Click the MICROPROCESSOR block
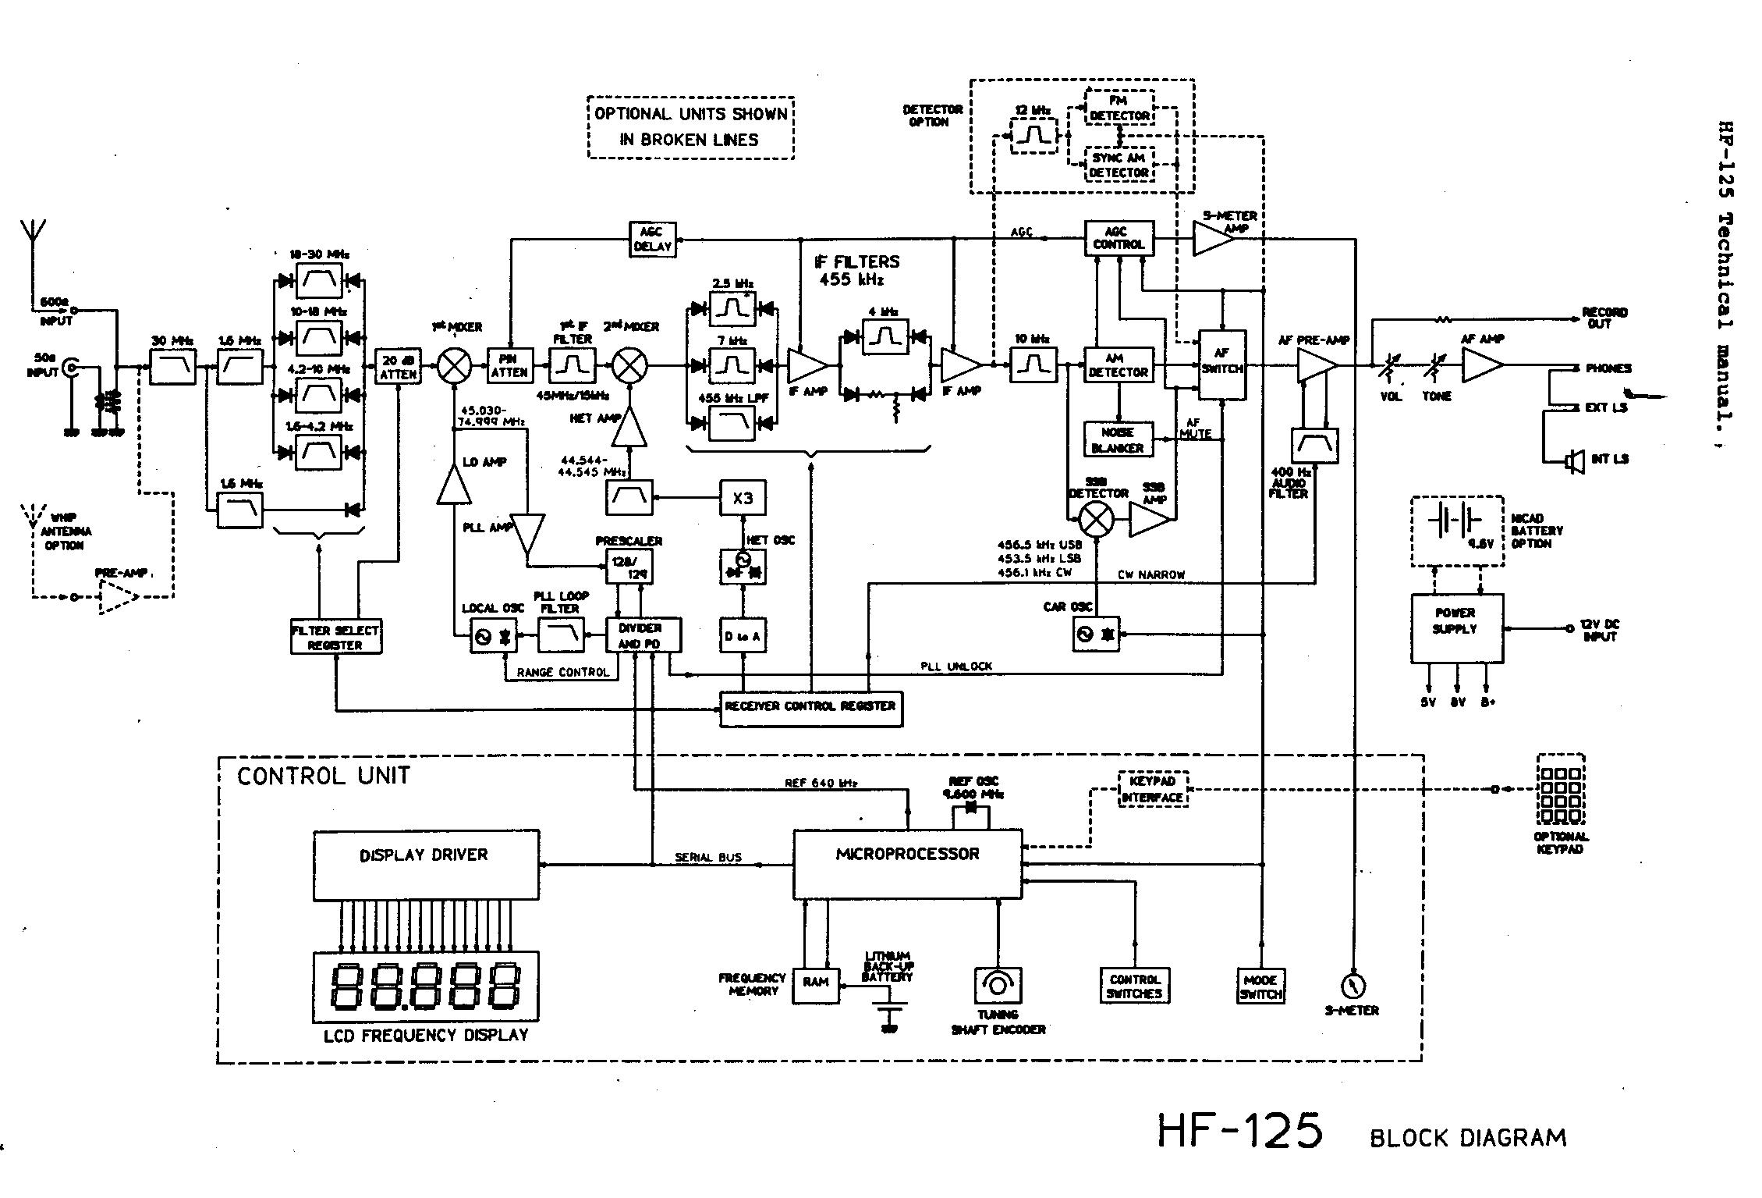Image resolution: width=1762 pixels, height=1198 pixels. click(x=907, y=864)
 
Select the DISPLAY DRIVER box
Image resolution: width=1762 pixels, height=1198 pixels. click(x=426, y=865)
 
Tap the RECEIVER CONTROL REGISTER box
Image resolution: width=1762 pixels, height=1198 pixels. click(x=810, y=708)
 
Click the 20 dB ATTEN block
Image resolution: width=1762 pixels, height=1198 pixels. click(x=398, y=367)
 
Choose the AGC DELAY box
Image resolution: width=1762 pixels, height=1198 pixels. click(x=651, y=240)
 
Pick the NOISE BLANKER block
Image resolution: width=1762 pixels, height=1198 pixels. click(x=1118, y=440)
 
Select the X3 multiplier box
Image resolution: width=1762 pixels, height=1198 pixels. click(x=743, y=498)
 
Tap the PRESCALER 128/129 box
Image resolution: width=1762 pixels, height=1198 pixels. click(x=629, y=567)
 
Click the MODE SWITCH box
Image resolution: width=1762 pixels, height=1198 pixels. click(x=1260, y=986)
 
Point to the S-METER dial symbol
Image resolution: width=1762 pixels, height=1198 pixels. click(x=1352, y=985)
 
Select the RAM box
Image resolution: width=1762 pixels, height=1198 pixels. click(x=815, y=984)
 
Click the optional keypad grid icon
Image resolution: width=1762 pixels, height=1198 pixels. click(x=1560, y=789)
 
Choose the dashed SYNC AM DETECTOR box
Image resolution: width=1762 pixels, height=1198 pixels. click(x=1119, y=165)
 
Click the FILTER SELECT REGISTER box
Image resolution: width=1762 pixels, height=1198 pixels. click(x=335, y=638)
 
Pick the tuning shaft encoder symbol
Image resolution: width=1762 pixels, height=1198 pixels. click(x=998, y=985)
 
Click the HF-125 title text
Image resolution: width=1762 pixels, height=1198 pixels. click(x=1239, y=1131)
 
